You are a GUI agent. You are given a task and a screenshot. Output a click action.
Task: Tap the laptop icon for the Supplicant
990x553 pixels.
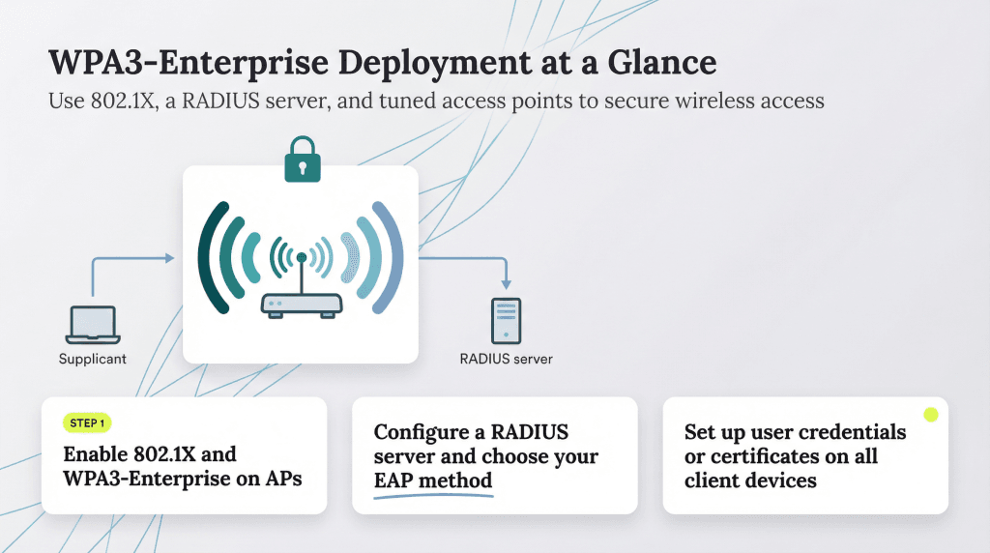click(92, 326)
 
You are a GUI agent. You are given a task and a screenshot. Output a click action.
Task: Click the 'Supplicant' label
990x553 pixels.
click(92, 360)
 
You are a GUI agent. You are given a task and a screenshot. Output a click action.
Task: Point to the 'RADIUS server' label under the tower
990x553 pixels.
click(506, 360)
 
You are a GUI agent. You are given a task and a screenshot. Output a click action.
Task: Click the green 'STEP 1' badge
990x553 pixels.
click(87, 422)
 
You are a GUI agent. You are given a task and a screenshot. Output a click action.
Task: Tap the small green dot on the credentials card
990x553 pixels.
click(930, 415)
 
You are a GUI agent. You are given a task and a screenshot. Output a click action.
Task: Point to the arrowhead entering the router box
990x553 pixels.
click(170, 258)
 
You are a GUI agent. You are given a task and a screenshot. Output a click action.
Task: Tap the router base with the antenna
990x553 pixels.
click(302, 303)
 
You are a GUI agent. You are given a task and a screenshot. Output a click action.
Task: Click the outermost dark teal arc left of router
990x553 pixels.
click(211, 256)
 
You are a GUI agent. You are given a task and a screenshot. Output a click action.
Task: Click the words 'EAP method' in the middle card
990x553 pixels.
click(433, 480)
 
